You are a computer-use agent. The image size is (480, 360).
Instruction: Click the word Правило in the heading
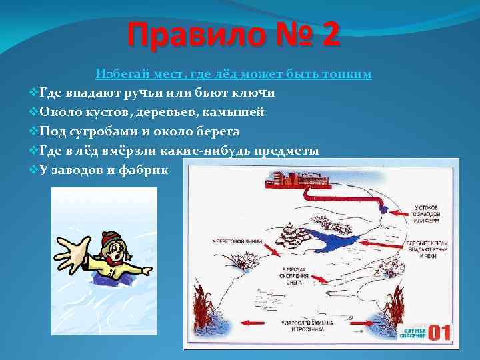[x=189, y=35]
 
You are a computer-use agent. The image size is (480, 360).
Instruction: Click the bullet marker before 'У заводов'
[x=35, y=170]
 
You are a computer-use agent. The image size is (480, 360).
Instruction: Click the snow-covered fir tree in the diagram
[x=291, y=236]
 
